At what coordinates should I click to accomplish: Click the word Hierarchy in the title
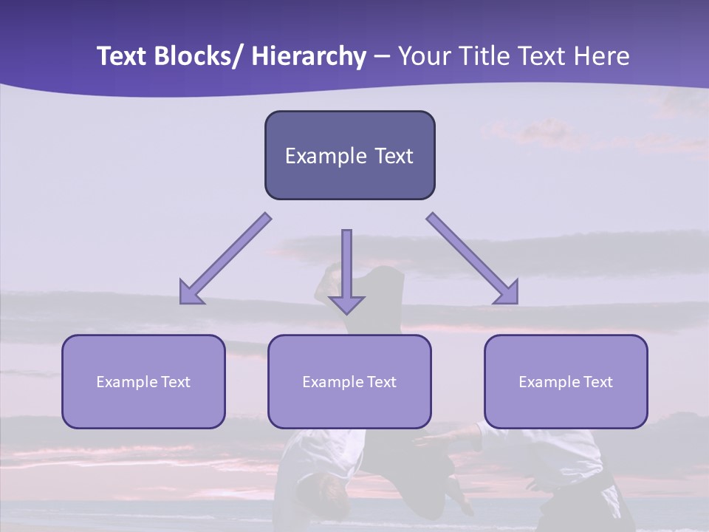click(309, 56)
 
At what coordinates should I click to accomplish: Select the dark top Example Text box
click(349, 155)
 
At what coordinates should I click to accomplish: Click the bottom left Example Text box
click(143, 381)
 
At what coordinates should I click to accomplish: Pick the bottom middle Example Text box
click(349, 381)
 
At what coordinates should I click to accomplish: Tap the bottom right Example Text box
click(566, 381)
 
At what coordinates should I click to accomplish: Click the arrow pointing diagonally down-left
click(225, 259)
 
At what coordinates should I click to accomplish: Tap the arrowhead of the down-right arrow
click(507, 293)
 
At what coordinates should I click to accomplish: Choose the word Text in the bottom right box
click(597, 382)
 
